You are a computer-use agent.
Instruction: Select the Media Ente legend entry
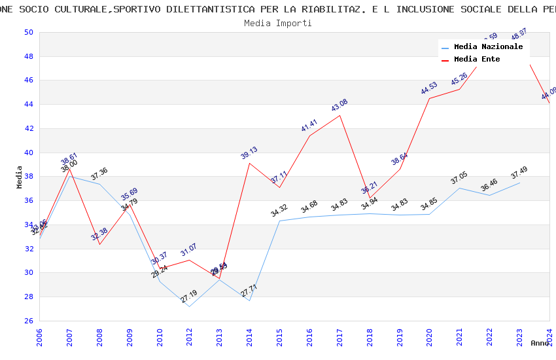point(477,60)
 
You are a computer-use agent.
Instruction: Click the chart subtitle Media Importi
point(278,23)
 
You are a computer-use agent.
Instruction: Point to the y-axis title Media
point(20,177)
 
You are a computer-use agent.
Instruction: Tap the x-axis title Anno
point(540,343)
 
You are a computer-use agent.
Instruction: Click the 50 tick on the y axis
point(28,33)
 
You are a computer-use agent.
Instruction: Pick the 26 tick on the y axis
point(28,321)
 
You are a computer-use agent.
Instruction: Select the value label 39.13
point(249,153)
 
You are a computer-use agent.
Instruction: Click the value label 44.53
point(429,88)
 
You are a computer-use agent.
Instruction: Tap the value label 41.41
point(309,126)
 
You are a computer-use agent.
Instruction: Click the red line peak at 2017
point(339,115)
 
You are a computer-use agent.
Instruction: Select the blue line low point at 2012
point(189,306)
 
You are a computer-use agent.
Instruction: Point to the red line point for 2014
point(249,163)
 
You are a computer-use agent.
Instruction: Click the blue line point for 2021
point(459,188)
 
